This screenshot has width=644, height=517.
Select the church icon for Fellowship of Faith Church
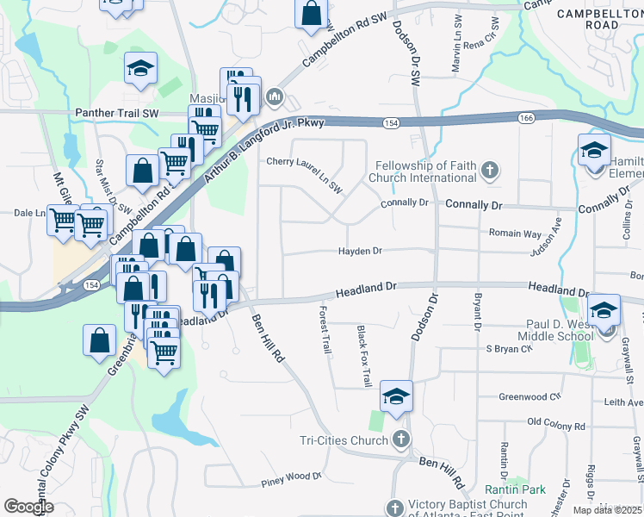(x=490, y=171)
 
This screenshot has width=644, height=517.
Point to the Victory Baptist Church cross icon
(x=395, y=508)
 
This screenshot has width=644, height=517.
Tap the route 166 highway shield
(x=526, y=117)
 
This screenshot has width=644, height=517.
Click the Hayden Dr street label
(x=359, y=251)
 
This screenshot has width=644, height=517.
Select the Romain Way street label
(x=514, y=234)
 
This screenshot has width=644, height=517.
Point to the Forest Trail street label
(x=325, y=330)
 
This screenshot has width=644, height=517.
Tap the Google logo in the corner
(x=28, y=507)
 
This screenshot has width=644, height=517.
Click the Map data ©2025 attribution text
(x=607, y=510)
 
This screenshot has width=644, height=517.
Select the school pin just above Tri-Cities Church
(x=397, y=396)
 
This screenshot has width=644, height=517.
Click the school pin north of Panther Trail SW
(x=140, y=69)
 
